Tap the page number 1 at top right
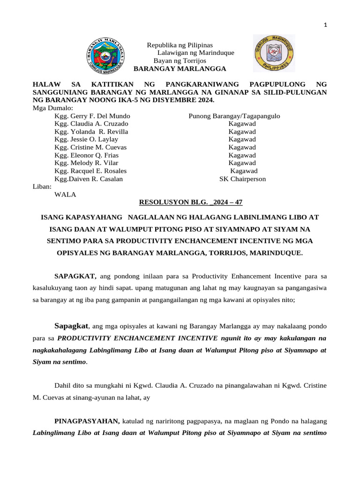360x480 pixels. coord(325,25)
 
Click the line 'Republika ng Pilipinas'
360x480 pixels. coord(180,45)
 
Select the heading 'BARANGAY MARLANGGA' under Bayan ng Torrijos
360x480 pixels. coord(180,69)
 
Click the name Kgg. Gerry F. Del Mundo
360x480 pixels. coord(92,116)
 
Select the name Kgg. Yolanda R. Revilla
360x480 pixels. coord(91,132)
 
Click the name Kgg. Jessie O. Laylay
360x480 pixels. coord(86,139)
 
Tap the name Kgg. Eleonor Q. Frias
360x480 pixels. coord(86,155)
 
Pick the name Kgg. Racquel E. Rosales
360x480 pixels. coord(90,171)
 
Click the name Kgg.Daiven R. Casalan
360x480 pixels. coord(89,179)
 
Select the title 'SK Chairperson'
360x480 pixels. coord(242,179)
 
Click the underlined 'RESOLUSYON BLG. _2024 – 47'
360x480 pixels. coord(191,202)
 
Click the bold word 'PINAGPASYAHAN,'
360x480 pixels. coord(87,422)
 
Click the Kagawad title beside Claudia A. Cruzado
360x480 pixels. coord(242,124)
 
